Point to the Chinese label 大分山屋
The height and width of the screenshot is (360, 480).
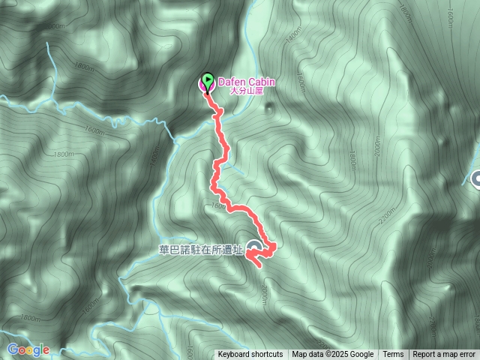click(245, 91)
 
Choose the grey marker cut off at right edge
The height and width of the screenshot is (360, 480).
click(476, 178)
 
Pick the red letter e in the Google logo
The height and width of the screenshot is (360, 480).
click(46, 350)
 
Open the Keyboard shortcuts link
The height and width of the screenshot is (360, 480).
click(250, 355)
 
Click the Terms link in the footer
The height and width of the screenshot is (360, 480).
click(393, 355)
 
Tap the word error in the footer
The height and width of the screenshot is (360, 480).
click(465, 355)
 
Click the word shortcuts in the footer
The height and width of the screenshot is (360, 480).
click(267, 355)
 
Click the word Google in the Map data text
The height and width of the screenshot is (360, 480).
click(361, 355)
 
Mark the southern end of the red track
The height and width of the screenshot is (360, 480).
click(252, 264)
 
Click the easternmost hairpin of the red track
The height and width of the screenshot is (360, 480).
click(274, 246)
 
